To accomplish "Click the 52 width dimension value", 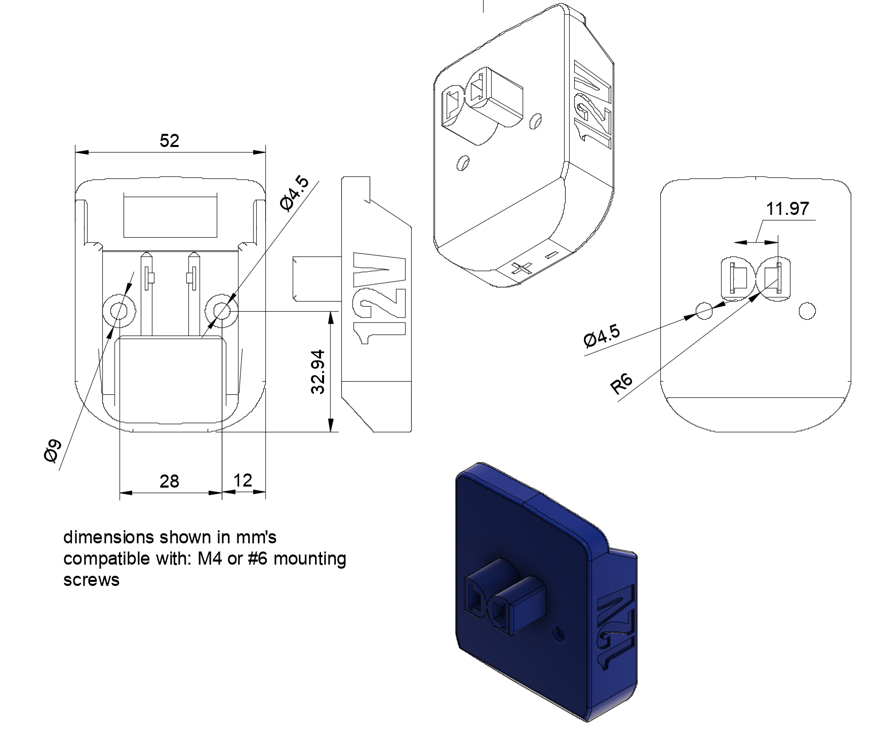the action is point(170,140).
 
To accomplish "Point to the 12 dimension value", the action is point(243,479).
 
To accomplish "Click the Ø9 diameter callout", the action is point(53,451).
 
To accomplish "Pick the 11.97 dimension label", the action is point(787,208).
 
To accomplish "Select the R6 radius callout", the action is point(622,385).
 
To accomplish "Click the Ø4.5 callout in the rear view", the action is point(602,337).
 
